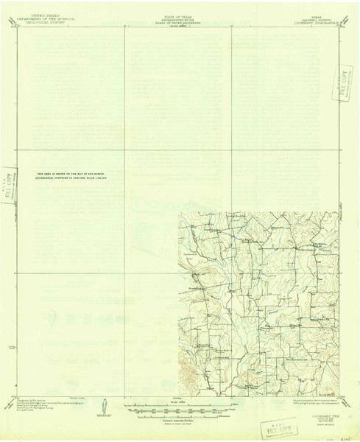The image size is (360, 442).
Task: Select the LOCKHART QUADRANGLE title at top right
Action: [x=309, y=22]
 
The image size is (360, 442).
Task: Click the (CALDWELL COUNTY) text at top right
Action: [x=309, y=18]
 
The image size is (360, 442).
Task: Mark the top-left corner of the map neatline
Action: [x=20, y=28]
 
